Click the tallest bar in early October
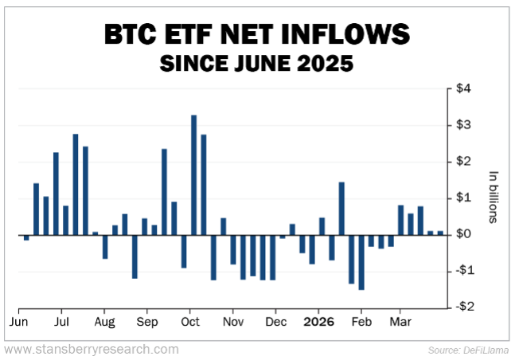[193, 175]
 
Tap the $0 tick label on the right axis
[462, 234]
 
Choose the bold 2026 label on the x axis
[318, 323]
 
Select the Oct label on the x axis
[189, 323]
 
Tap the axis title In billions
[493, 198]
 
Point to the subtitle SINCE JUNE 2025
[257, 63]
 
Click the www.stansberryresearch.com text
[92, 349]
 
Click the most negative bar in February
[361, 262]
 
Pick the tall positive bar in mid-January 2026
[341, 209]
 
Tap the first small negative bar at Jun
[26, 237]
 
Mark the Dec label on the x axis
[275, 323]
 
